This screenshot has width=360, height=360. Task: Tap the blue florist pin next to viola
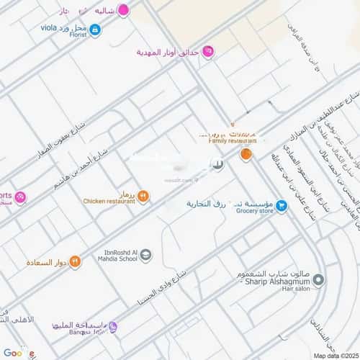click(x=95, y=30)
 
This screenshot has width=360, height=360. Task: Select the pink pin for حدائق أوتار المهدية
click(x=207, y=51)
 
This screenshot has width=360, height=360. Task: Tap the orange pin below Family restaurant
click(x=246, y=153)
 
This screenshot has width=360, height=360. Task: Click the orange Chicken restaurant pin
click(x=143, y=195)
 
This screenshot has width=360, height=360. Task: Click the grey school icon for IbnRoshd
click(x=145, y=255)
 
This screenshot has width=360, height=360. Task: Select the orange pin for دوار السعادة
click(x=75, y=261)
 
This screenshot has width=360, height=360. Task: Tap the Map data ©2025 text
click(x=332, y=354)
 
